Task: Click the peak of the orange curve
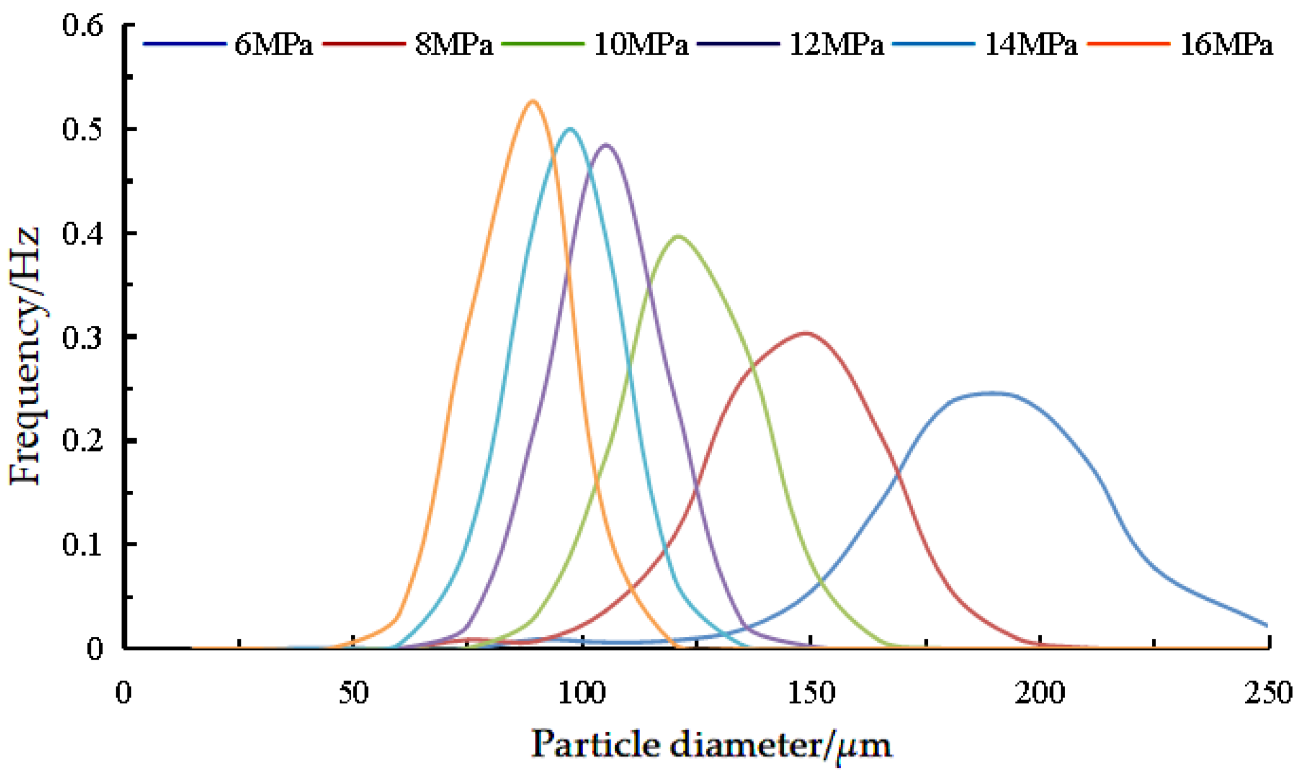click(533, 102)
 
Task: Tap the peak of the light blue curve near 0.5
click(570, 129)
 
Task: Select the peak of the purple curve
click(606, 145)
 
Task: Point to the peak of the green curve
click(677, 236)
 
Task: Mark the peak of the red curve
click(805, 333)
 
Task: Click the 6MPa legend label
click(273, 45)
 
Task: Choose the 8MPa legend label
click(454, 45)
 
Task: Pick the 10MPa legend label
click(641, 45)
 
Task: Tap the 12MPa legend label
click(836, 45)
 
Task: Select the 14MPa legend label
click(1031, 45)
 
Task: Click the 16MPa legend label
click(1226, 45)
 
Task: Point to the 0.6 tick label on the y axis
click(83, 26)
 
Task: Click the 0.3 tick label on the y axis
click(83, 337)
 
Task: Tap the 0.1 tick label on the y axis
click(83, 545)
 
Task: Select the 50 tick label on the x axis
click(354, 693)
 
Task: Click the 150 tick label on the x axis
click(812, 693)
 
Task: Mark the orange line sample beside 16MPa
click(1128, 44)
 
